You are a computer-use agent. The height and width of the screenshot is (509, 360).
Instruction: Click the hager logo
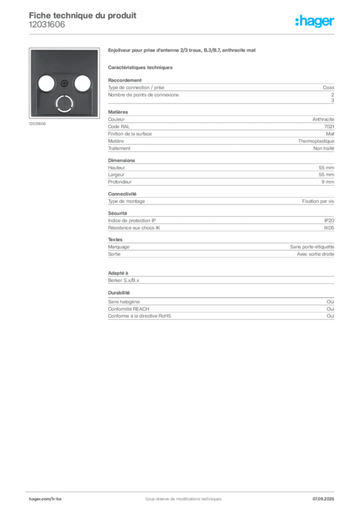315,21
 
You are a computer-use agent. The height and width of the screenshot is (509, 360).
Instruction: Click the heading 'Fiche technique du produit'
83,15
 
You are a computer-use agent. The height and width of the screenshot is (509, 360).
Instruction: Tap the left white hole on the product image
46,83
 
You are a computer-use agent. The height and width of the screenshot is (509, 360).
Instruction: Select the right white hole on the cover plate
83,83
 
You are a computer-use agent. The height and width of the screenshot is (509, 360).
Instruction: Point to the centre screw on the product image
64,84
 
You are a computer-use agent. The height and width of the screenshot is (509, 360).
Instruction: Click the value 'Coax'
329,87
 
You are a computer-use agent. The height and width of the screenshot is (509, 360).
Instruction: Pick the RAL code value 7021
329,127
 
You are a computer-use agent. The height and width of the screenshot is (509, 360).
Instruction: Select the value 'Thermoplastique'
316,141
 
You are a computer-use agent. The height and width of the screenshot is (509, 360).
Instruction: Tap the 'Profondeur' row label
120,182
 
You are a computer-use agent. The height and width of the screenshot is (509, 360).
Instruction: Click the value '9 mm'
328,182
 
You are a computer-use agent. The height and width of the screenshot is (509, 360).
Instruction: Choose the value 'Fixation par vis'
318,201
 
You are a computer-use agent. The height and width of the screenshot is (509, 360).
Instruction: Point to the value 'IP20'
329,220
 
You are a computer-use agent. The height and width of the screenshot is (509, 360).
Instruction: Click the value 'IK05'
329,228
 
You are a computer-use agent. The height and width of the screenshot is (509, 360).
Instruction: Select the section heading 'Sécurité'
117,213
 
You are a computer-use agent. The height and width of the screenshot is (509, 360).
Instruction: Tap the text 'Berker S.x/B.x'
124,280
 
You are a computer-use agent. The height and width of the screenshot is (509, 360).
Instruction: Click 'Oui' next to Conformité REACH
331,309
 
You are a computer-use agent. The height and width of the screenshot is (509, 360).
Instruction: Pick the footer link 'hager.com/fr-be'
45,499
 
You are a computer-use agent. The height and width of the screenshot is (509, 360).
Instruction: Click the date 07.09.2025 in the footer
323,499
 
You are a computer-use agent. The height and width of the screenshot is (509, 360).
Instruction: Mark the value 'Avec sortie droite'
316,254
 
